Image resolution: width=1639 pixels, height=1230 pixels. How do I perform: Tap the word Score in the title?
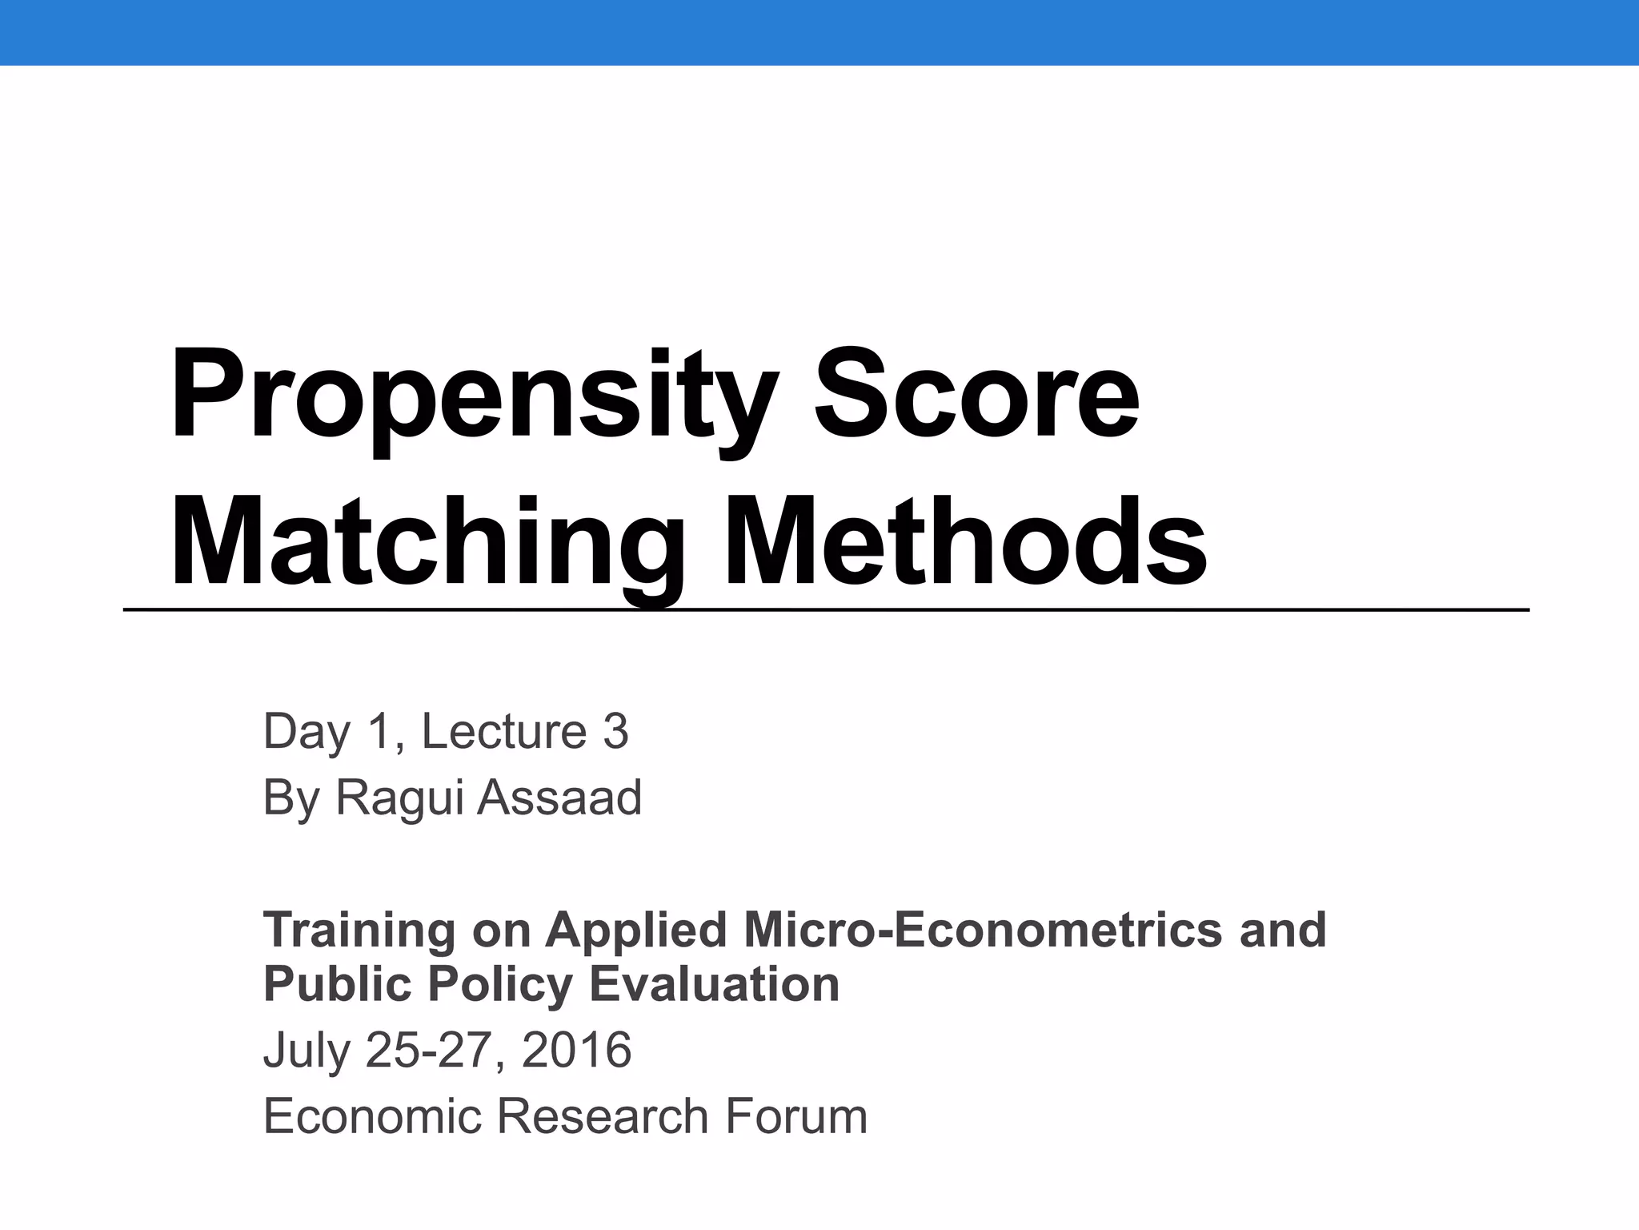[976, 396]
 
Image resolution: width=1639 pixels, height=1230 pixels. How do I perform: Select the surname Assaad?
[559, 798]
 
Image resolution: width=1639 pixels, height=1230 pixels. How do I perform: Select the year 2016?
[576, 1050]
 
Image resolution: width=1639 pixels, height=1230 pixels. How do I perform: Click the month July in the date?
[307, 1051]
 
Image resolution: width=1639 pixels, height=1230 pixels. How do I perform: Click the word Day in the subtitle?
[307, 733]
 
